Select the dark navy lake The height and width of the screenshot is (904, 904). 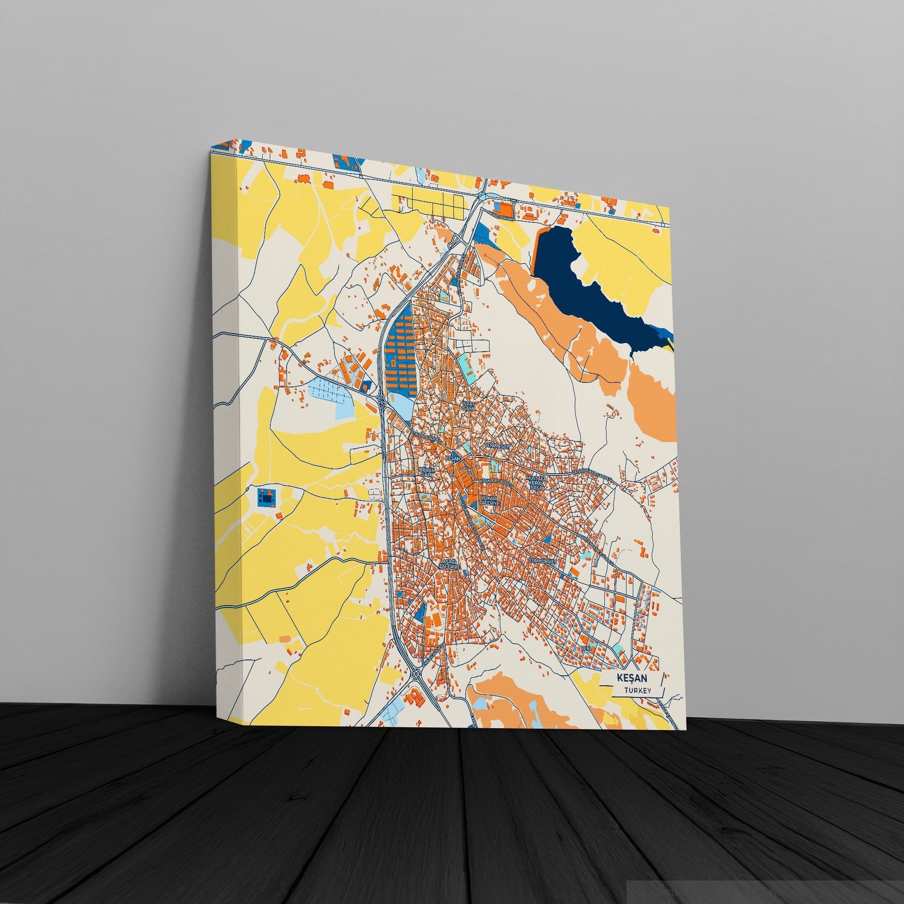point(590,285)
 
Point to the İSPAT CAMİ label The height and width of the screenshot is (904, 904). point(468,405)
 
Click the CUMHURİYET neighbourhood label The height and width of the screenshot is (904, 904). point(542,561)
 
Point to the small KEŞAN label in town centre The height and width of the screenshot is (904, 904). point(451,457)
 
